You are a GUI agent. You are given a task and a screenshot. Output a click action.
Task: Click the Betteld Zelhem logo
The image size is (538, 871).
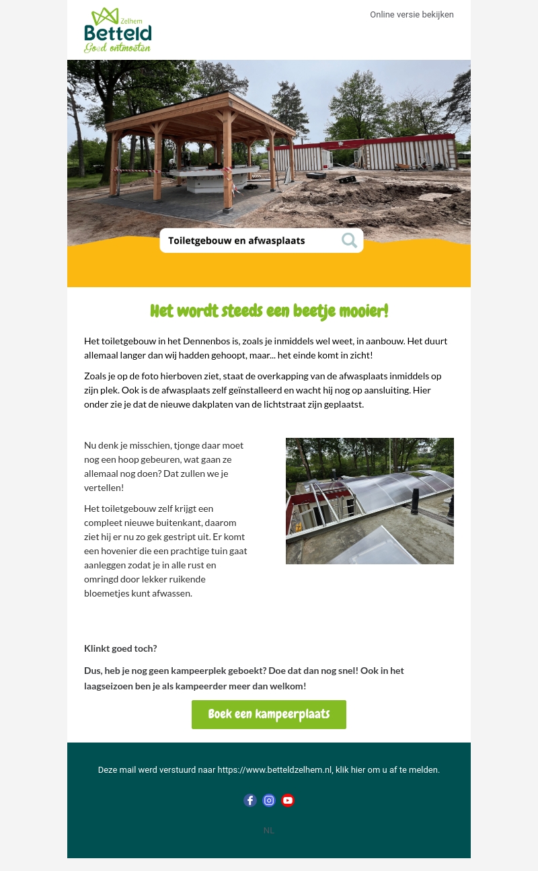point(118,30)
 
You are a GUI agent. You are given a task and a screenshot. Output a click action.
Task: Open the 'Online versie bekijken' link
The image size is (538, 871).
point(412,15)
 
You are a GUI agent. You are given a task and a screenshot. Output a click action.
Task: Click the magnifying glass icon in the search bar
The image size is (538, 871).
point(349,240)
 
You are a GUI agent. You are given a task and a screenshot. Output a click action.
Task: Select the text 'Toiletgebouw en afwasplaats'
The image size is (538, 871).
point(236,241)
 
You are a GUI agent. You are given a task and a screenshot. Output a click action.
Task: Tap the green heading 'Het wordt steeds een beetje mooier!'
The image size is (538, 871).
point(269,311)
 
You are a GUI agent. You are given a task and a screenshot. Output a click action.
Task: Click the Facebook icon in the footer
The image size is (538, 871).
point(250,800)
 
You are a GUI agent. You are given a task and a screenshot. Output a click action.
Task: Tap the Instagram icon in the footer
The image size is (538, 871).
point(269,800)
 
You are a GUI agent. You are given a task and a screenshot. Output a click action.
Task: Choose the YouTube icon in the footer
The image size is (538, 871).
point(288,800)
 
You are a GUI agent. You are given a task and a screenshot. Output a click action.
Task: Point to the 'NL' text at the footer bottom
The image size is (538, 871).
point(269,831)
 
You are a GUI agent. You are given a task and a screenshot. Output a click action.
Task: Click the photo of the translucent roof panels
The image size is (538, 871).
point(369,501)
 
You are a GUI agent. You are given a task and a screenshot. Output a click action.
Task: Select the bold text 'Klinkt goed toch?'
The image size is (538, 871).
point(120,648)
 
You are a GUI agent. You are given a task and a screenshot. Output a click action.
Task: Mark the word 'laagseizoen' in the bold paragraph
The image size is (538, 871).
point(110,686)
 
